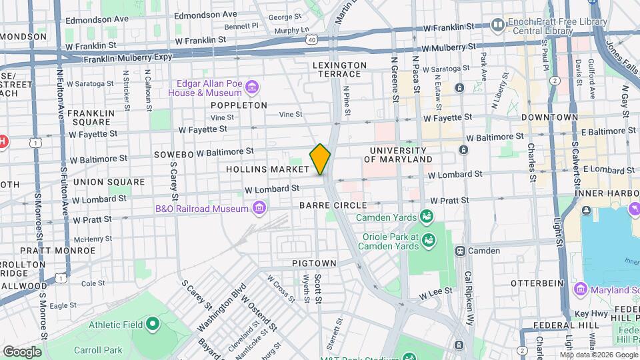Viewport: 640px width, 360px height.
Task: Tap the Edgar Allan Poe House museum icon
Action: point(252,87)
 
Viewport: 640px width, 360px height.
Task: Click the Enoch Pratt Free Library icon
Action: point(497,25)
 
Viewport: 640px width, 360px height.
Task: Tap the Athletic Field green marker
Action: point(153,325)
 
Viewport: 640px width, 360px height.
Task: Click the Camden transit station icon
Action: point(460,251)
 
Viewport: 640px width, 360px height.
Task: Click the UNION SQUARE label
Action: point(109,182)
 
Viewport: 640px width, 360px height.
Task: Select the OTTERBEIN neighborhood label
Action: point(534,283)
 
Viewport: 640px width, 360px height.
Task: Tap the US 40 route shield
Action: point(311,40)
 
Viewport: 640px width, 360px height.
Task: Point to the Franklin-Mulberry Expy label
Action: point(127,59)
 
